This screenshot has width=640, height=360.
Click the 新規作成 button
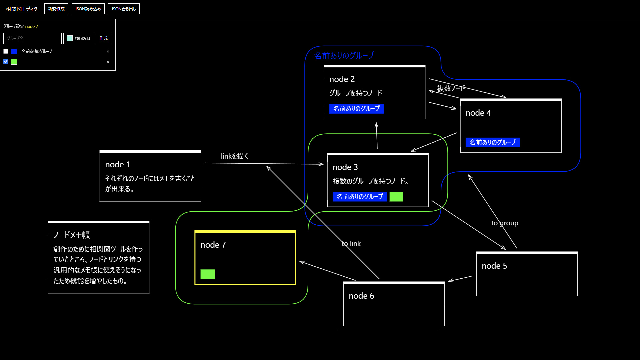click(56, 9)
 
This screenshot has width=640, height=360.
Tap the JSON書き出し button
click(124, 9)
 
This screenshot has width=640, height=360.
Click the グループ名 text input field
click(32, 38)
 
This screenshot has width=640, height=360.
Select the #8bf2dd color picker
click(79, 38)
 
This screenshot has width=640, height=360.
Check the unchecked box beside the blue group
click(6, 51)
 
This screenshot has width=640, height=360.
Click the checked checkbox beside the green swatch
click(6, 62)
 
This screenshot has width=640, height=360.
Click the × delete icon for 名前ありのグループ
click(108, 52)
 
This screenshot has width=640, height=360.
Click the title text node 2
click(342, 79)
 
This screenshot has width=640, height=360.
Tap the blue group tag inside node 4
click(493, 142)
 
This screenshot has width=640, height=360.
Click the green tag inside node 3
click(396, 197)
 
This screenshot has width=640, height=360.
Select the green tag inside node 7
click(208, 274)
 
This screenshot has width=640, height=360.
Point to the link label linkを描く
click(235, 156)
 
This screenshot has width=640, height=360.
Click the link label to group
click(505, 223)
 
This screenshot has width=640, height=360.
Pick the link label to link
click(351, 244)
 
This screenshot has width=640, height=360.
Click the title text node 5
click(494, 266)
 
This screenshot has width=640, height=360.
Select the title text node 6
click(361, 296)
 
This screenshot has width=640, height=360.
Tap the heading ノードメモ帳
click(72, 235)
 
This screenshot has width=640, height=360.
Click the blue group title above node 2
click(344, 55)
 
